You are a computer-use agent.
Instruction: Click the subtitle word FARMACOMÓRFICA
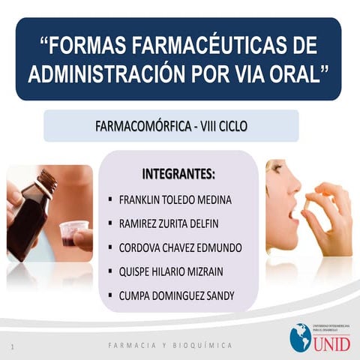point(142,125)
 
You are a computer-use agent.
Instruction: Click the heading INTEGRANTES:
point(178,175)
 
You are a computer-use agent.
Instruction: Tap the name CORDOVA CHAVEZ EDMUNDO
point(180,247)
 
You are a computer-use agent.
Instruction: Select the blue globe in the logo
point(300,337)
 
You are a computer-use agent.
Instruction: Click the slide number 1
point(13,346)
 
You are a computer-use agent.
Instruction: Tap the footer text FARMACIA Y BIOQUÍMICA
point(171,346)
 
